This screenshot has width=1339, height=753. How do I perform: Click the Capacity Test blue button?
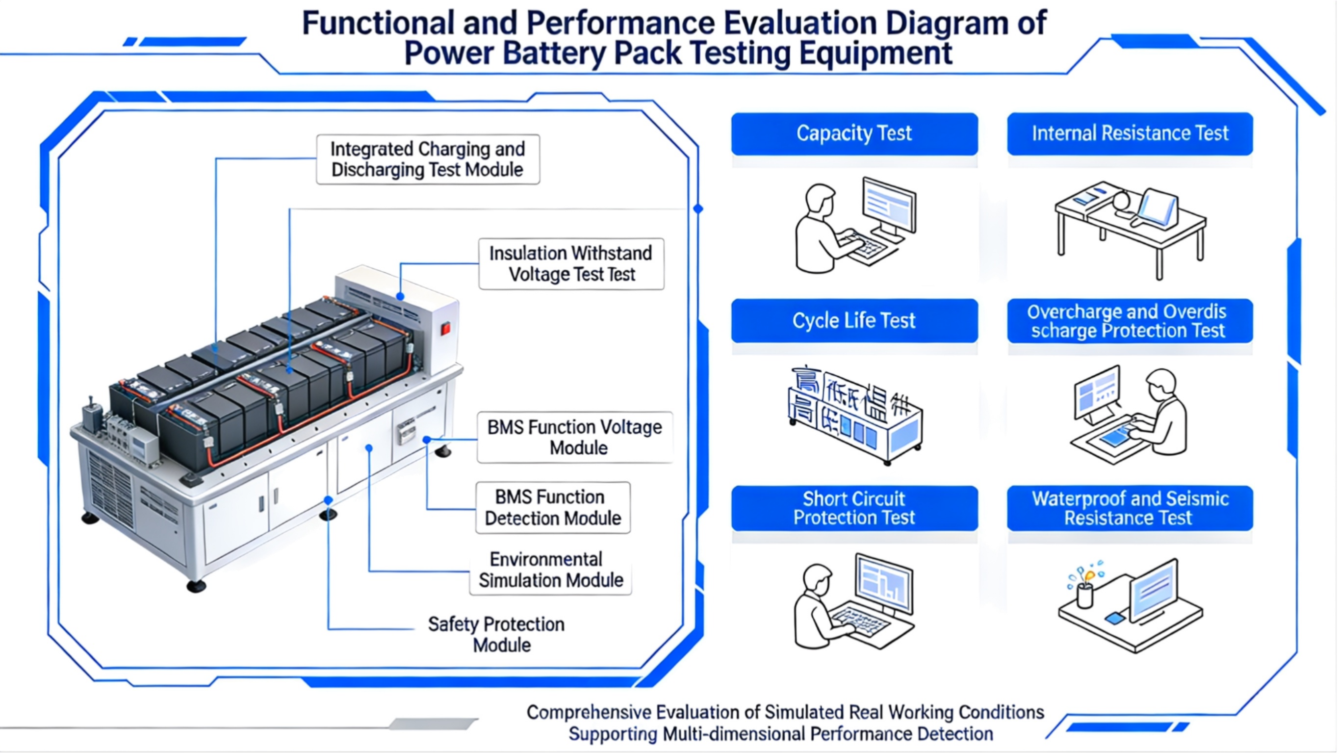click(x=854, y=133)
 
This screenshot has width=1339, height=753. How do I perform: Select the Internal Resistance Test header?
click(x=1130, y=133)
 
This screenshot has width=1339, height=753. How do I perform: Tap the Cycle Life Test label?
click(x=854, y=320)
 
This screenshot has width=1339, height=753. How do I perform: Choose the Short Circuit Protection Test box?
click(x=854, y=508)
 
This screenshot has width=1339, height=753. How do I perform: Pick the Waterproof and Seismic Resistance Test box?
click(x=1130, y=508)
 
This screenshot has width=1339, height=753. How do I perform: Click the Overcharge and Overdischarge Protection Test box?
click(x=1130, y=320)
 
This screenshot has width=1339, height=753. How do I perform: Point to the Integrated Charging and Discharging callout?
click(x=428, y=159)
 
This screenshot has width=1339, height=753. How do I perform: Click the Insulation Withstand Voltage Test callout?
click(x=571, y=263)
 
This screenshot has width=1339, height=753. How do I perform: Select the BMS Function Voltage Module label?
click(x=574, y=438)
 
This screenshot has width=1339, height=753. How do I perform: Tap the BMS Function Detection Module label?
click(x=553, y=508)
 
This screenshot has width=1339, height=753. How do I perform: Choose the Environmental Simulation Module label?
click(x=550, y=570)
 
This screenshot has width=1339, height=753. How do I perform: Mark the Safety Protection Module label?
click(x=496, y=634)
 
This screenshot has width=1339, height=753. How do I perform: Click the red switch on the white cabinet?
click(x=445, y=329)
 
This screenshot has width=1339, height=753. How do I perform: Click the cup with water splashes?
click(x=1085, y=595)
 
